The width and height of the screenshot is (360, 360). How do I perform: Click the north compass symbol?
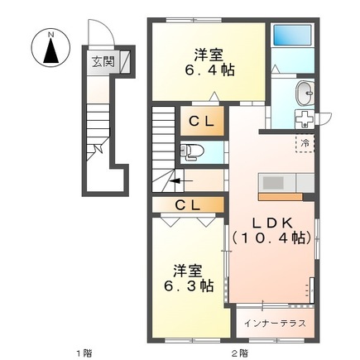(x=50, y=48)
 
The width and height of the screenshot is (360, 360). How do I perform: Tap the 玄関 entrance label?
(x=103, y=62)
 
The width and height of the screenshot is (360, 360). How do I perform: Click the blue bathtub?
(x=293, y=35)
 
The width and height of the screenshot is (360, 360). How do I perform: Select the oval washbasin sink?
(x=305, y=94)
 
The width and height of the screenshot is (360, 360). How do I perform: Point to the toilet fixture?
(x=191, y=151)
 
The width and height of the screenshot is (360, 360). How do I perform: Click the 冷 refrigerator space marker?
(x=305, y=143)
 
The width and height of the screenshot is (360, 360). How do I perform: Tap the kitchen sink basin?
(x=273, y=183)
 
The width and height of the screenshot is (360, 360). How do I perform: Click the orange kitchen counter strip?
(x=281, y=197)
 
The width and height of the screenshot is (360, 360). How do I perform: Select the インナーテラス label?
(x=275, y=323)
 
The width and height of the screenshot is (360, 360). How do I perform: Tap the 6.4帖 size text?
(x=209, y=70)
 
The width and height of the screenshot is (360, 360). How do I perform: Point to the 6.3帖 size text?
(x=189, y=286)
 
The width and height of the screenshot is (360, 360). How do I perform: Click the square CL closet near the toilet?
(x=202, y=121)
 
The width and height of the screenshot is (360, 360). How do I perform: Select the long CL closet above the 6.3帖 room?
(x=188, y=204)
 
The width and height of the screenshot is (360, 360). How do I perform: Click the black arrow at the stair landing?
(x=180, y=181)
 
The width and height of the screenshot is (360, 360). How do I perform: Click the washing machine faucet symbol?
(x=305, y=119)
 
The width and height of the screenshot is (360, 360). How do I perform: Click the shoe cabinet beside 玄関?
(x=125, y=62)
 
